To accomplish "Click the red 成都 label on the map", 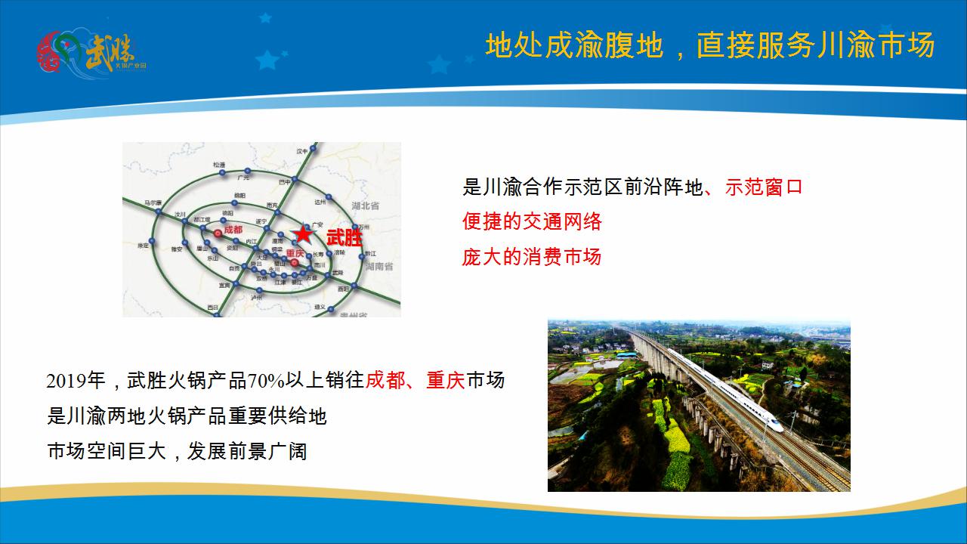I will point(233,230).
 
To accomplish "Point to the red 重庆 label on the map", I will point(295,253).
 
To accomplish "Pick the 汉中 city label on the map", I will point(303,151).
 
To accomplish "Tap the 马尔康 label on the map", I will point(153,202).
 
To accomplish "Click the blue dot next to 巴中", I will point(295,181).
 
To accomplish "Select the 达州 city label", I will point(320,202).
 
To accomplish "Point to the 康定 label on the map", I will point(142,246).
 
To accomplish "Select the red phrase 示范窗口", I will point(763,187).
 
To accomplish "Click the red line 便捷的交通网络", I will point(532,221).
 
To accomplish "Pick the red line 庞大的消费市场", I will point(532,256).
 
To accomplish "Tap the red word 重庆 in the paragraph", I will point(445,381).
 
